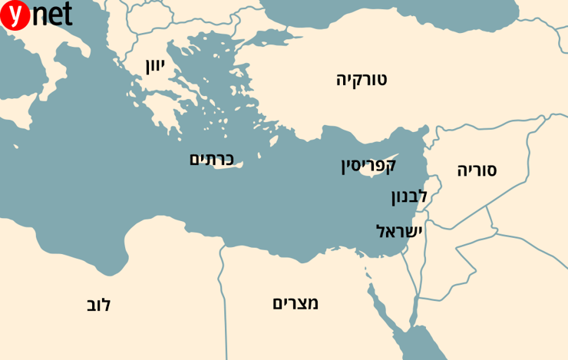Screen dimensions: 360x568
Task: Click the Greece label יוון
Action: (x=155, y=65)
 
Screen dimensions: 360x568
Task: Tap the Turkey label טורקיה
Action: (x=362, y=78)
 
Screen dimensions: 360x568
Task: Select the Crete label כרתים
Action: (x=211, y=159)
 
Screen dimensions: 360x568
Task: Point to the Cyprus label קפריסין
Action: (x=368, y=165)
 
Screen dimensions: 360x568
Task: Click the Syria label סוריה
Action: (x=477, y=170)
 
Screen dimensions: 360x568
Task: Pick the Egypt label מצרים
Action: (x=296, y=302)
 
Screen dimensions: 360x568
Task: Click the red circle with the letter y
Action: (x=15, y=15)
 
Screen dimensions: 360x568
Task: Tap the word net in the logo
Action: (x=51, y=15)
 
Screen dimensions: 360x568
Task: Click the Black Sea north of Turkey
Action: (x=399, y=19)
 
